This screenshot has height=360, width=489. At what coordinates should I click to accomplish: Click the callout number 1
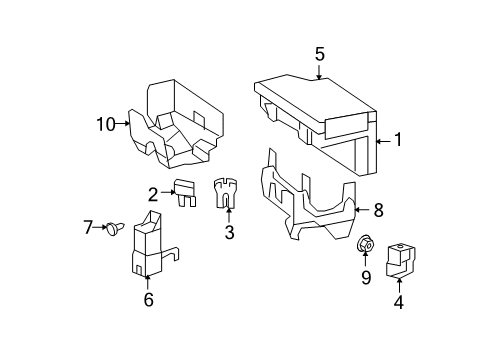point(397,141)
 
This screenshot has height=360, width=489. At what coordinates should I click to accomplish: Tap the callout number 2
point(154,194)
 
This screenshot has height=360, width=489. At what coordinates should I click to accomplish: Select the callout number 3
point(229,234)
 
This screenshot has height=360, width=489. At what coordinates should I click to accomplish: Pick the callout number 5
point(320,53)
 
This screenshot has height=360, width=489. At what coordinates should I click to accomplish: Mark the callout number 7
point(87,227)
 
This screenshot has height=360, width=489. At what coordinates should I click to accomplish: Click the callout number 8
point(378,210)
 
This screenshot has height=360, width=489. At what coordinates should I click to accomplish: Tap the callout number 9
point(366,276)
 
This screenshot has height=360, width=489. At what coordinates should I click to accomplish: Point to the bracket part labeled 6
point(150,245)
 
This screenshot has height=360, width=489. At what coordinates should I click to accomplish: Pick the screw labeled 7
point(113,228)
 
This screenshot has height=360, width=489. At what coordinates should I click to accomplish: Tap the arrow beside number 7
point(100,227)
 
